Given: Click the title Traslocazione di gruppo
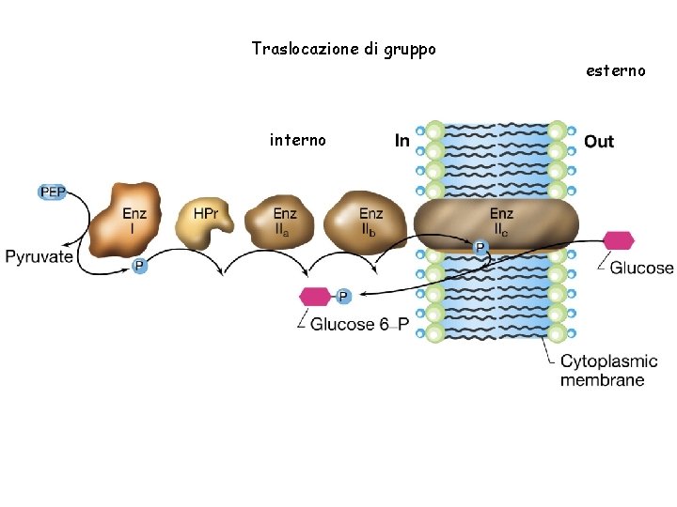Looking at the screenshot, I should tap(343, 48).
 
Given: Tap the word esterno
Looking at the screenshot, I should tap(615, 70).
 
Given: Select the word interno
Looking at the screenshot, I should tap(297, 140).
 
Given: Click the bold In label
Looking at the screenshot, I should tap(401, 142).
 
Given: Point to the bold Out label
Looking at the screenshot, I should tap(598, 142).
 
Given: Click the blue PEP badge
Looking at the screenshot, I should tap(53, 192).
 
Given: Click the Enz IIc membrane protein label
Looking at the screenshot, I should tap(501, 222).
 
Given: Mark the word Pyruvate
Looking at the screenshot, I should tap(39, 256).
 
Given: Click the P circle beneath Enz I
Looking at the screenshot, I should tap(138, 266).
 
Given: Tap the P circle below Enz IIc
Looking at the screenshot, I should tap(480, 248).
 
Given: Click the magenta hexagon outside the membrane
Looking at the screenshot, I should tap(618, 240).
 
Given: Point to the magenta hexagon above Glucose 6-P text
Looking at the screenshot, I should tap(315, 297).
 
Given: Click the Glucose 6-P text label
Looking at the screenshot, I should tap(359, 325).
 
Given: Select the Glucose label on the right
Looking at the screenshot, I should tap(641, 268).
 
